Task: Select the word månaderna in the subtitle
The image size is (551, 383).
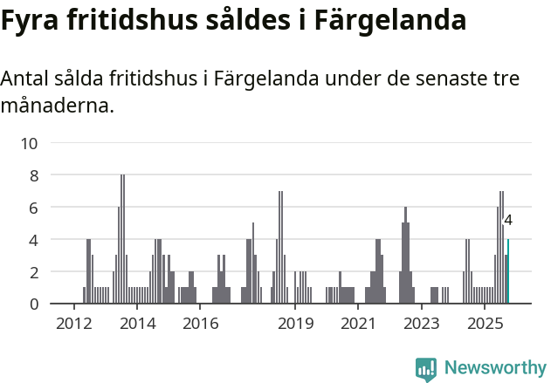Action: (57, 107)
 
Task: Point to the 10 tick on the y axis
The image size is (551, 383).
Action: (29, 143)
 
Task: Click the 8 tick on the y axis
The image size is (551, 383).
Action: (34, 175)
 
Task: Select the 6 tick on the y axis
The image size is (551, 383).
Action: (34, 208)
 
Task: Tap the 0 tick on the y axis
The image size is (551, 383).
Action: (34, 304)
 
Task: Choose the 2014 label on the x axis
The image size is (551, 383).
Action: (137, 325)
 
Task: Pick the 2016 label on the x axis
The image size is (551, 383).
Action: (200, 325)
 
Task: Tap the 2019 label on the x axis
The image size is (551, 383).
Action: (295, 325)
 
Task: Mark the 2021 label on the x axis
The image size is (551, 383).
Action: (358, 325)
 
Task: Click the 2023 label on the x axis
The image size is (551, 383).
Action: (422, 325)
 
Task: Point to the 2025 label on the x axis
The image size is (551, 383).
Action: (485, 325)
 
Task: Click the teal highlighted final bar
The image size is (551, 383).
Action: (508, 272)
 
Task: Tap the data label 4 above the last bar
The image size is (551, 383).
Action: (508, 221)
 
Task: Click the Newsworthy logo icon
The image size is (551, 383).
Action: (426, 368)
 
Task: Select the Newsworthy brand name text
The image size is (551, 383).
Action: (495, 368)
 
